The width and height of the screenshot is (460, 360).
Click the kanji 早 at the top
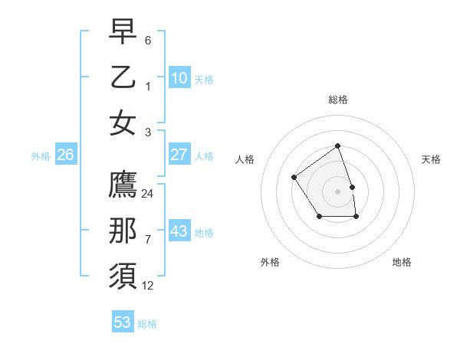point(123,31)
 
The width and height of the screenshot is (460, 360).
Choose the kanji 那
point(123,231)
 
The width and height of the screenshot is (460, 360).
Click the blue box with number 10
point(179,77)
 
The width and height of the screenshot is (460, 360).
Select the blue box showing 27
point(179,155)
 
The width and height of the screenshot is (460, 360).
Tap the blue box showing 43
point(179,231)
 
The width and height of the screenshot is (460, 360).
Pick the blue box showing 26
point(65,155)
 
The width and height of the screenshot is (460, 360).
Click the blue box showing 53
point(123,322)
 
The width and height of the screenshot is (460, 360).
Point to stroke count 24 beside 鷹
point(148,194)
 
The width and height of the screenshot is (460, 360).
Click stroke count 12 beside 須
point(148,286)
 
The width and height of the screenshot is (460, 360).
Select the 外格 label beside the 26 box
point(41,156)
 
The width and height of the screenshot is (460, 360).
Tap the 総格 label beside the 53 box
point(147,324)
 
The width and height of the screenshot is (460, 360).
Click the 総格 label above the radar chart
point(337,100)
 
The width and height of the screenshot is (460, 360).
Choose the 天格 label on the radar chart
point(431,159)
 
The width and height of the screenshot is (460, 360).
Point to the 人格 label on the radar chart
point(245,159)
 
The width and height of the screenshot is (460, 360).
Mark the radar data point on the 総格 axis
point(337,146)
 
